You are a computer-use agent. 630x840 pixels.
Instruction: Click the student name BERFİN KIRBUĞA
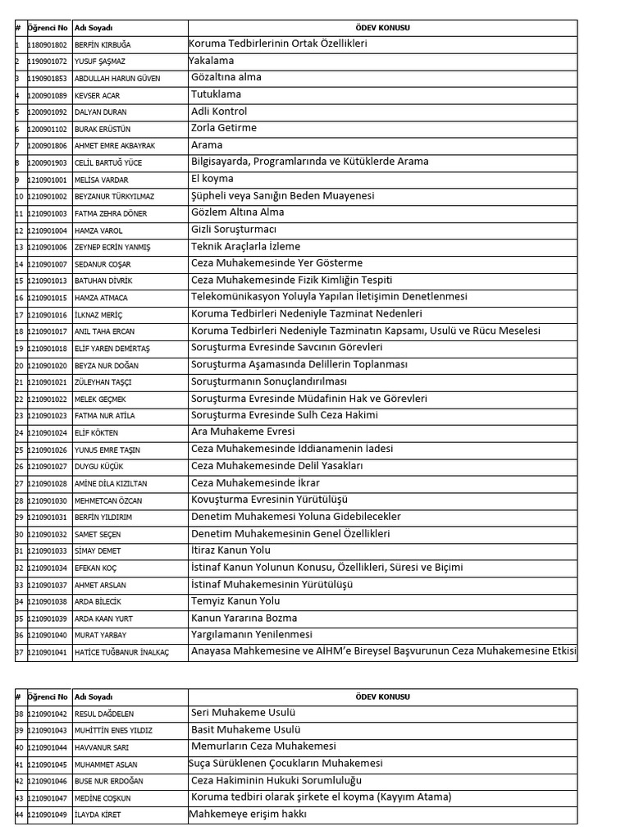[x=102, y=44]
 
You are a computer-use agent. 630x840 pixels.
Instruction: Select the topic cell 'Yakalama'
[x=212, y=61]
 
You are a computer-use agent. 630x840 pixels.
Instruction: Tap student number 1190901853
[x=48, y=79]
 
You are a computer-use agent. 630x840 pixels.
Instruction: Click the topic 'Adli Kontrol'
[x=218, y=112]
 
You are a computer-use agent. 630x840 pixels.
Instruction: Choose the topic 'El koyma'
[x=212, y=179]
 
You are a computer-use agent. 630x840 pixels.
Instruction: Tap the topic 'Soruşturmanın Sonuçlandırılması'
[x=268, y=382]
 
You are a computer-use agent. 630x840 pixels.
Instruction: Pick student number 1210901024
[x=48, y=432]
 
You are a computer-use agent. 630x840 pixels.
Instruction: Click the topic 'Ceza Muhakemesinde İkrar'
[x=255, y=483]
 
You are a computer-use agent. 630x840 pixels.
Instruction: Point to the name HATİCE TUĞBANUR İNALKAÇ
[x=121, y=652]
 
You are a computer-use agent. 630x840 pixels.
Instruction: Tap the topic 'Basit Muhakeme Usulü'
[x=245, y=730]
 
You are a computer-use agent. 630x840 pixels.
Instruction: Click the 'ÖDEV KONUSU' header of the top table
[x=383, y=28]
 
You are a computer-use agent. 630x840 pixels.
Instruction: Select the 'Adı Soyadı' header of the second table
[x=90, y=697]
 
